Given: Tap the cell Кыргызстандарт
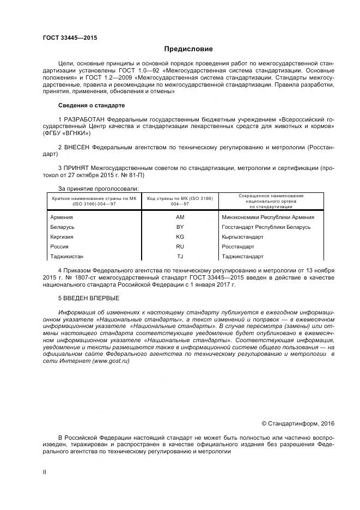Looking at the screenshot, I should coord(242,236).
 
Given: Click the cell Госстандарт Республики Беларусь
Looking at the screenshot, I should coord(266,227).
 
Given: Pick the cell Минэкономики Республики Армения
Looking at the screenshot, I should coord(267,217).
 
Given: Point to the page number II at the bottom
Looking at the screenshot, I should coord(45,472).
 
